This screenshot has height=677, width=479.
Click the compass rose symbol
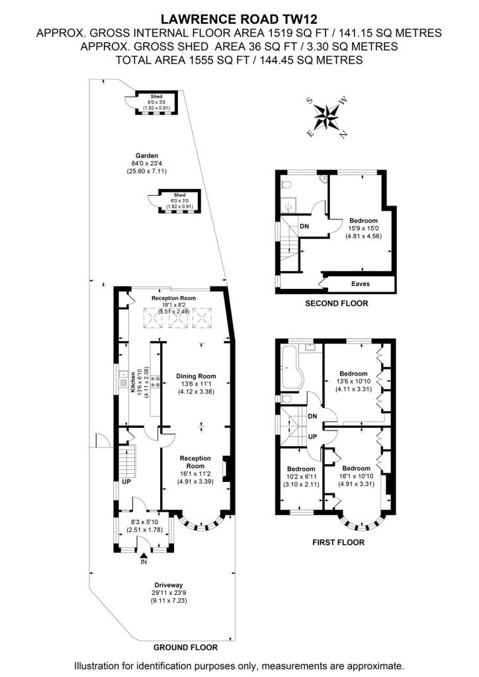coord(327,116)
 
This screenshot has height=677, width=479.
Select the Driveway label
coord(169,585)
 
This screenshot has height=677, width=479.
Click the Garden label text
coord(147,156)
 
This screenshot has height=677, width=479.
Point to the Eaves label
coord(360,284)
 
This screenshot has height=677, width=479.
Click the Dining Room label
coord(196,376)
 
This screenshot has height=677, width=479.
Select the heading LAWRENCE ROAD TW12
coord(239,19)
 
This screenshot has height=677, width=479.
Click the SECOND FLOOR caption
coord(337,303)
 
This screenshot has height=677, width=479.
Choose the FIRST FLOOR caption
coord(338,542)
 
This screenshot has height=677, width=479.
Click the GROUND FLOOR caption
coord(186,647)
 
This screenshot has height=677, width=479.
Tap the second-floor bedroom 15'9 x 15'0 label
coord(363,221)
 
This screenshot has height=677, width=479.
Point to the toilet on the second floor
coord(286,185)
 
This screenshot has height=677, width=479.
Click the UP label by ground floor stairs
coord(126,482)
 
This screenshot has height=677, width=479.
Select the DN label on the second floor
coord(304,226)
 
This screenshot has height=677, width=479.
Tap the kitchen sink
coord(123,380)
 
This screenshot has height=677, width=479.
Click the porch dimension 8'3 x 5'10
coord(145,522)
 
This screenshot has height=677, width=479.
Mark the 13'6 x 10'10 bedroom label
coord(353,381)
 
